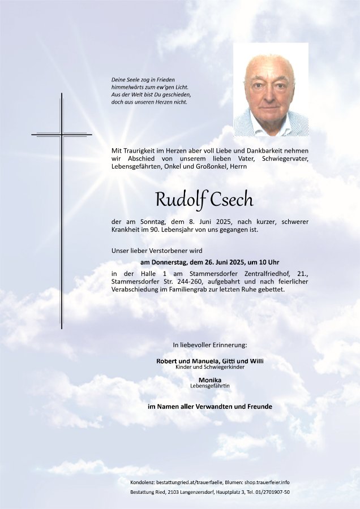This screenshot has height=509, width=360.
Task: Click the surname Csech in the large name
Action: pos(232,200)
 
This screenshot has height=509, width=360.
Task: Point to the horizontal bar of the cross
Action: pos(62,135)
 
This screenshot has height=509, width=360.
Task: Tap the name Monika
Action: pos(210,379)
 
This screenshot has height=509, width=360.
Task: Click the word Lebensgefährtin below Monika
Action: pos(210,386)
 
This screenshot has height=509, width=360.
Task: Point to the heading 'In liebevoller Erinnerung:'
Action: pos(210,344)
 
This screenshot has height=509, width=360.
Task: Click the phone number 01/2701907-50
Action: pos(269,493)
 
